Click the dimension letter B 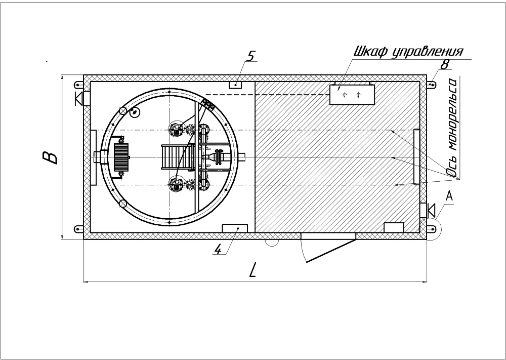coord(50,157)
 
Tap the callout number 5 coord(251,56)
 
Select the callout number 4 coord(219,249)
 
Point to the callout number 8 coord(444,64)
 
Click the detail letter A coord(449,195)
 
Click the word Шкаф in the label coord(371,52)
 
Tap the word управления coord(428,52)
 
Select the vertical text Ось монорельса coord(453,128)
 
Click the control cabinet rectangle coord(352,95)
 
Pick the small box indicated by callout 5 coord(235,85)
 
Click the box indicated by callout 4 coord(235,228)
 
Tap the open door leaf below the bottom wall coord(331,251)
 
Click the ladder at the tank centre coord(178,157)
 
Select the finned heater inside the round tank coord(121,157)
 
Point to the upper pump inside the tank coord(176,129)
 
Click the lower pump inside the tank coord(176,185)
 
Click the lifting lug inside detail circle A coord(431,229)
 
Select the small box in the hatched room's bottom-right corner coord(394,227)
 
